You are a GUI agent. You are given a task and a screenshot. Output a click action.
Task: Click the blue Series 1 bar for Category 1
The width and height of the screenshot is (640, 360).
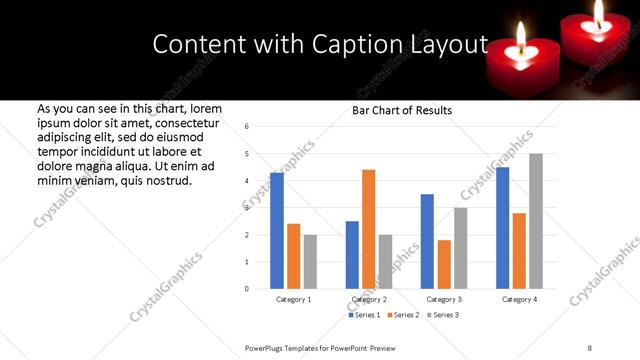coord(277,231)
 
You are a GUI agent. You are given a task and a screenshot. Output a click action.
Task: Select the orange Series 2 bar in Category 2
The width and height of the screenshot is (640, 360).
coord(368,229)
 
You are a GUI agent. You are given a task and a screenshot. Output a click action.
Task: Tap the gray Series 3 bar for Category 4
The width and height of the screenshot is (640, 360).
coord(536,221)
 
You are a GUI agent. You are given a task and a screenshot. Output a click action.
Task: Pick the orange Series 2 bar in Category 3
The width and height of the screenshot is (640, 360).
coord(444,264)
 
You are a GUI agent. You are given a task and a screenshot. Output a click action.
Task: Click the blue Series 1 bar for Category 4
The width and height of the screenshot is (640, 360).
coord(502,228)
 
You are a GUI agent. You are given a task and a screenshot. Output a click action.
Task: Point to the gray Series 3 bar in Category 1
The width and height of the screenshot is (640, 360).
coord(310,262)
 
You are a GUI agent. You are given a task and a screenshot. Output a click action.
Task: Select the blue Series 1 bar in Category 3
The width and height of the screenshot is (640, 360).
coord(427,241)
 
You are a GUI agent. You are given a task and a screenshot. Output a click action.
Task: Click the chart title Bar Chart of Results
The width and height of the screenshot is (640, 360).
coord(402,110)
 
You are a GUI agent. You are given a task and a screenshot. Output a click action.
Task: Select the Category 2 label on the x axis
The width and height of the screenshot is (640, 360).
coord(369,299)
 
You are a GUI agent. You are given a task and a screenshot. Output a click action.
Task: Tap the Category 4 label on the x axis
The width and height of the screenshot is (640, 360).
coord(520,299)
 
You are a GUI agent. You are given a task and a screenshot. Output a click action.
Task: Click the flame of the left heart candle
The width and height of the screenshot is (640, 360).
coord(521,37)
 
